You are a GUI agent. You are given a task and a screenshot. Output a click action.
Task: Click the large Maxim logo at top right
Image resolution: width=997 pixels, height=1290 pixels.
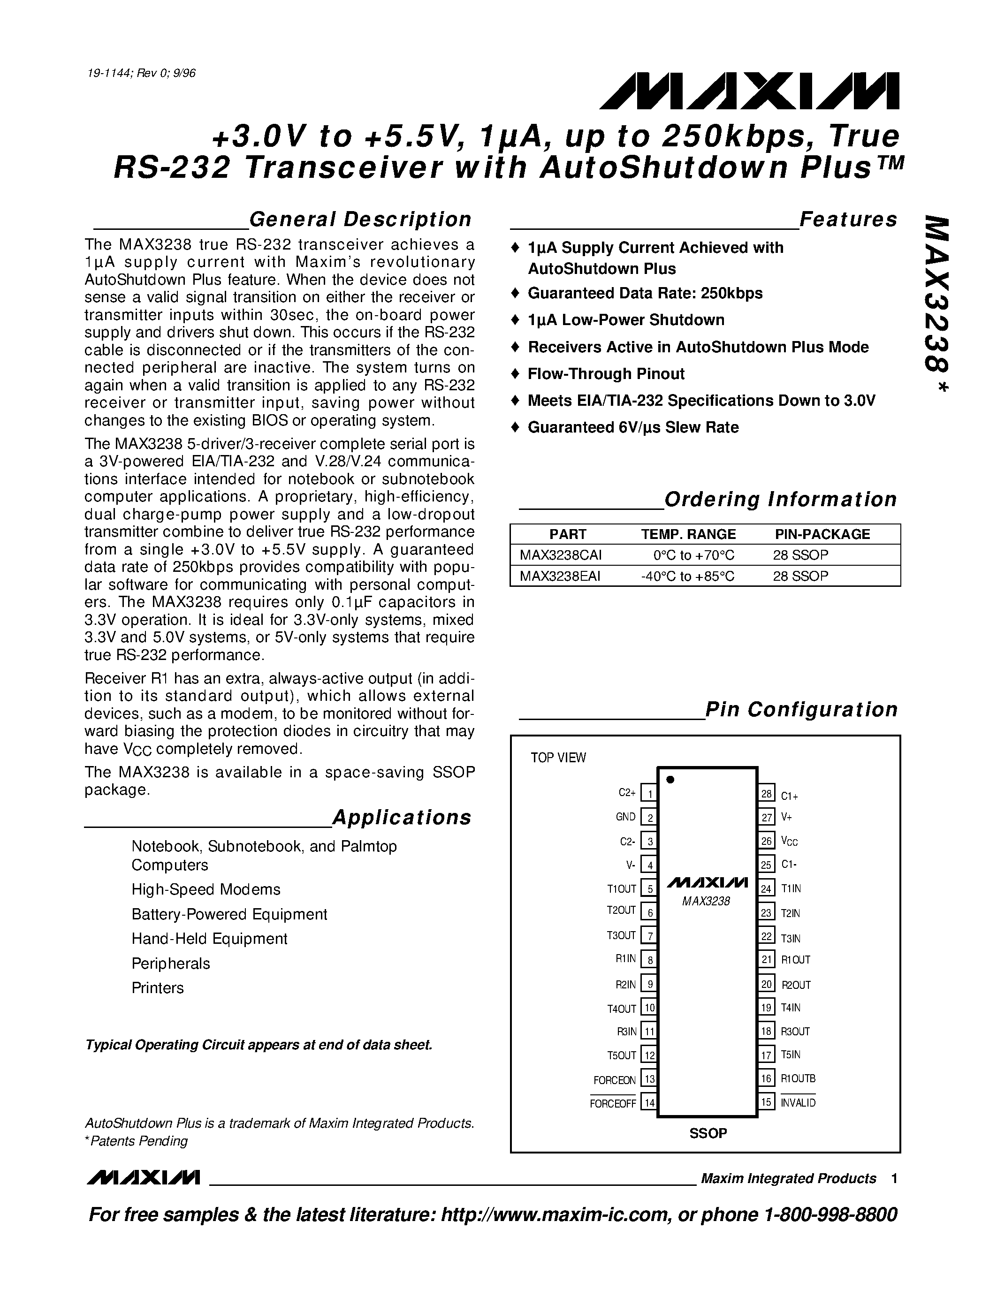749,91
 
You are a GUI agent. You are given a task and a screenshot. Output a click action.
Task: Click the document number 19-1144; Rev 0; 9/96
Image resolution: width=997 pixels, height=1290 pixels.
141,73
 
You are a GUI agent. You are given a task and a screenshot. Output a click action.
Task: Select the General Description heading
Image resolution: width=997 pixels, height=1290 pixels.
360,219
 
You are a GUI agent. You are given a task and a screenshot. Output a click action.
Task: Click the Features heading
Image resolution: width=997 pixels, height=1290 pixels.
848,219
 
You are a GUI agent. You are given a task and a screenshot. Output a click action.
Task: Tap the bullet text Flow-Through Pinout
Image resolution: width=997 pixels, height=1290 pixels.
606,374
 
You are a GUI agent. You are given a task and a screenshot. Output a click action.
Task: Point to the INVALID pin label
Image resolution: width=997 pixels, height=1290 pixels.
798,1103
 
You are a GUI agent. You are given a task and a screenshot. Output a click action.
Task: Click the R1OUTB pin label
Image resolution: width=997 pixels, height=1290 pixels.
798,1078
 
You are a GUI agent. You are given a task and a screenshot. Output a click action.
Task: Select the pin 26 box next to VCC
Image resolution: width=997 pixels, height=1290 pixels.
766,841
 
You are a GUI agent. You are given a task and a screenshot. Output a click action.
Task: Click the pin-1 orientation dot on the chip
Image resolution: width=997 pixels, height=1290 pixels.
670,780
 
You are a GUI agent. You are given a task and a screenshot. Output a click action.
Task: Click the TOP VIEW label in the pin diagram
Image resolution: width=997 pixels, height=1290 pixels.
558,758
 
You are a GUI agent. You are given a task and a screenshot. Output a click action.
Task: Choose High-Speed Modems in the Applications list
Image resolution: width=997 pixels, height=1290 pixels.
206,889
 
